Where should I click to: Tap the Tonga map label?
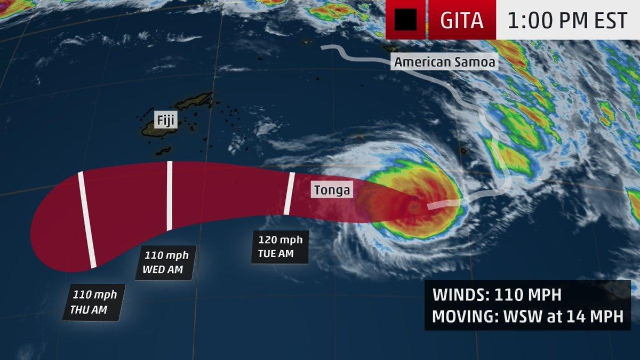332,190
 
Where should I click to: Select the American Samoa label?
445,62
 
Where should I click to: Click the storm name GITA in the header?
462,20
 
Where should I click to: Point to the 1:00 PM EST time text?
567,20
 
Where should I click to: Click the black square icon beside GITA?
405,20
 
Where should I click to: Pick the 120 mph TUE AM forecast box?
279,246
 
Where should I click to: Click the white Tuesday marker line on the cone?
289,193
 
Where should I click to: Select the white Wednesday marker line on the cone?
170,196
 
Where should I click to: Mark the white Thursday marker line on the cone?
87,219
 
